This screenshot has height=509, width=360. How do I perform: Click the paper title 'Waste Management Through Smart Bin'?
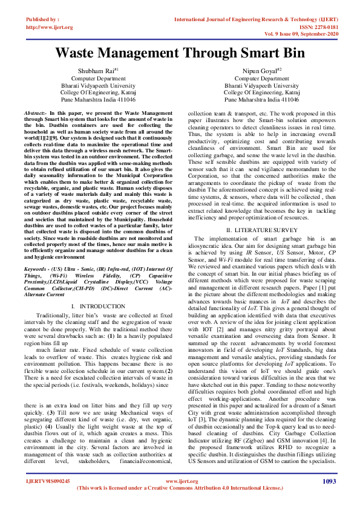pos(180,53)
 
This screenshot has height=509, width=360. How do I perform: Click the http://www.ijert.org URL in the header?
pos(50,27)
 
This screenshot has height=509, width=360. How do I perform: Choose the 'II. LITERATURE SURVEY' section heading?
pos(258,230)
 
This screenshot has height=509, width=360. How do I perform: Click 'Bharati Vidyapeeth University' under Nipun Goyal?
pos(258,86)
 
